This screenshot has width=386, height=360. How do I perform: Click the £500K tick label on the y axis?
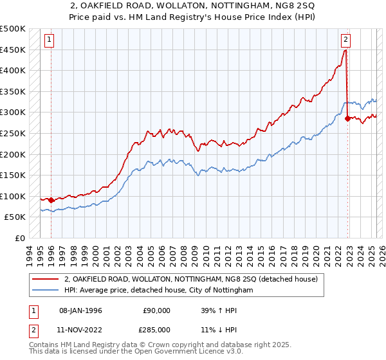pyautogui.click(x=13, y=29)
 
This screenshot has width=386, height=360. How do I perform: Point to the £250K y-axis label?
pyautogui.click(x=13, y=133)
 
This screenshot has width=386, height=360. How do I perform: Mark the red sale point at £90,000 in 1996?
pyautogui.click(x=51, y=200)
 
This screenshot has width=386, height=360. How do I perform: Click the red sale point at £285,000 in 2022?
pyautogui.click(x=348, y=118)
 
